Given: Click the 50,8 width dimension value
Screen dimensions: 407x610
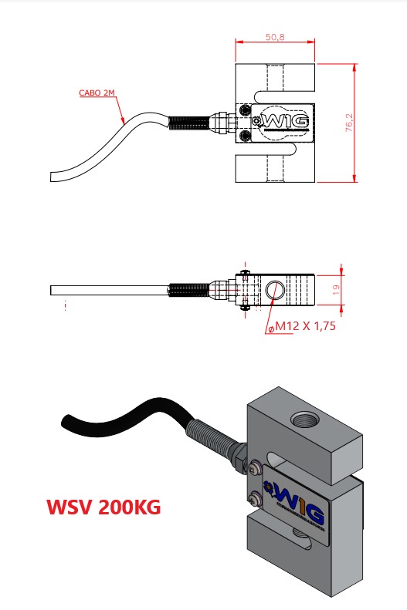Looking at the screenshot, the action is pos(275,37).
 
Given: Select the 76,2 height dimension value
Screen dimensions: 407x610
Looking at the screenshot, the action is pos(349,123).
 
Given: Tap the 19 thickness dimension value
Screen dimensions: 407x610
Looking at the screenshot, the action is pos(336,289).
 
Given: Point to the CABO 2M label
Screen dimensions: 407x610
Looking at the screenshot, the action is pos(97,93).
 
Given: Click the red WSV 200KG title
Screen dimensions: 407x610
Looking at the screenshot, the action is pos(103,507).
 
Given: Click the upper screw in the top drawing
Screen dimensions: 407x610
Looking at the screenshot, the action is pos(246,110).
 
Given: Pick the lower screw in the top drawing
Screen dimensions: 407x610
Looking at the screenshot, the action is pos(246,136).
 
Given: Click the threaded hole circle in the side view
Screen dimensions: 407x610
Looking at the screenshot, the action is pos(275,290).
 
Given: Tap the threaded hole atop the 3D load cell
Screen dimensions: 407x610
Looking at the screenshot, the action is pos(305,420).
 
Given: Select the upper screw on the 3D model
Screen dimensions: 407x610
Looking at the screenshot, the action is pos(254,468).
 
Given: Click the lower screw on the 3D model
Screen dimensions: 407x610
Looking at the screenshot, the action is pos(255,498).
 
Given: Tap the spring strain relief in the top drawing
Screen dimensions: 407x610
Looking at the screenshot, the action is pos(189,123).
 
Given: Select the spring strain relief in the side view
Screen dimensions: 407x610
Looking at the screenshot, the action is pos(189,290).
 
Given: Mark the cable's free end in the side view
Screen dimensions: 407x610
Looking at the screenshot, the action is pos(51,290).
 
